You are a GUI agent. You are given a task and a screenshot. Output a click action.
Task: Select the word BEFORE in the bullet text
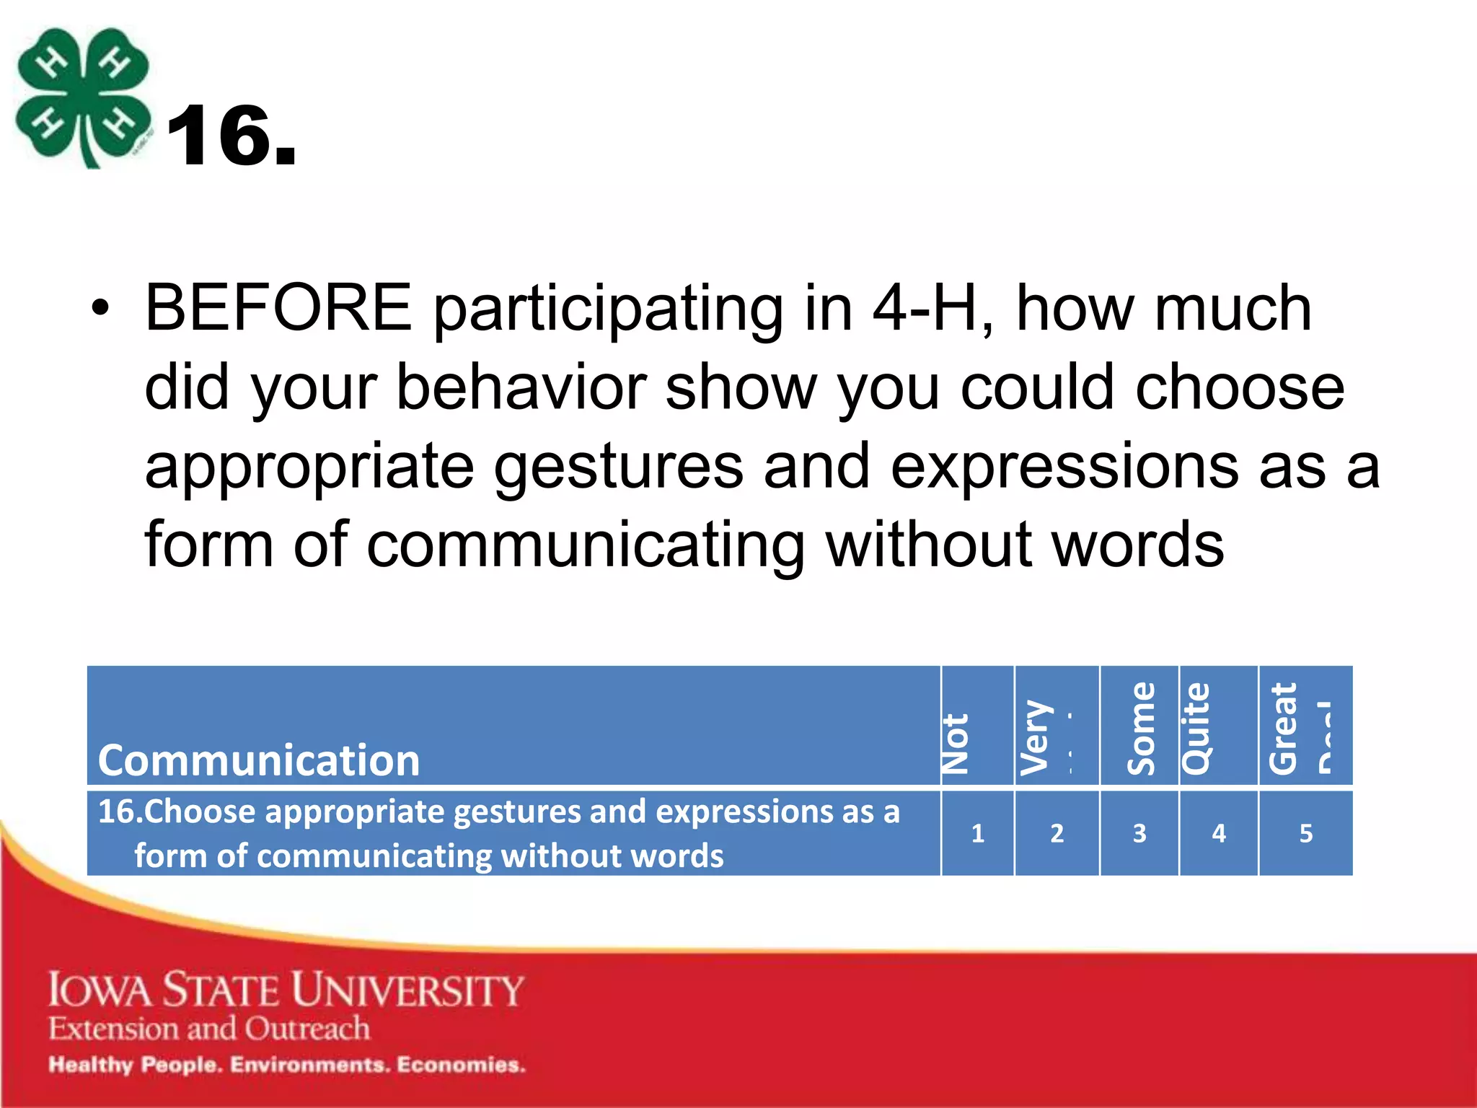[x=278, y=309]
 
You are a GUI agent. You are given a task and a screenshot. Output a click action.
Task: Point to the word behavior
[x=521, y=387]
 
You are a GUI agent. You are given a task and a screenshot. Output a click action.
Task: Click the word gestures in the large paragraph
[x=619, y=467]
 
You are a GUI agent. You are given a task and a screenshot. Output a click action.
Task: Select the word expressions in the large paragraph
[x=1064, y=467]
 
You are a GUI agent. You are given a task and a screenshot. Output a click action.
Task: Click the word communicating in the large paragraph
[x=586, y=545]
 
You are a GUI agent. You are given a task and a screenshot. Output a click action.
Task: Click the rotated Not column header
[x=957, y=743]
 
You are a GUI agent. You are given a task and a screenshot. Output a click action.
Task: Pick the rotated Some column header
[x=1141, y=729]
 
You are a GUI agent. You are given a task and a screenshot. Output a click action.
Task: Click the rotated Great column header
[x=1284, y=729]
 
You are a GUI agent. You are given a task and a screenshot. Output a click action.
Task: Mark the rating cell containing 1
[x=978, y=834]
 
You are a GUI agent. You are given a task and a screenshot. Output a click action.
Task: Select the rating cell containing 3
[x=1139, y=834]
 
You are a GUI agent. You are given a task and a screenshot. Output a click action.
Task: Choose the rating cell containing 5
[x=1306, y=834]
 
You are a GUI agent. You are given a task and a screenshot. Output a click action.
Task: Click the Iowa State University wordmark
[x=286, y=990]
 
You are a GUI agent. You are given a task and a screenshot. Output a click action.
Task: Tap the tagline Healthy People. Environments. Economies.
[x=287, y=1065]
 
